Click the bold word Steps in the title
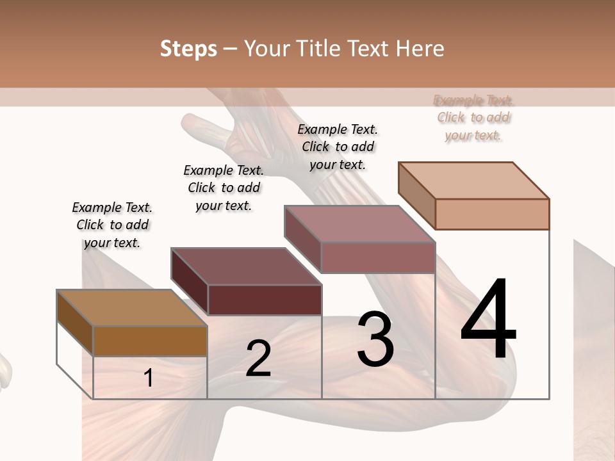pos(188,49)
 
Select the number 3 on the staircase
pos(375,339)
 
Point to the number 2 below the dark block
pos(258,359)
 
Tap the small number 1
pos(149,378)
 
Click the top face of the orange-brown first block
pos(132,307)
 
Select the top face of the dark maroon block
pos(246,266)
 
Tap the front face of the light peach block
pos(492,214)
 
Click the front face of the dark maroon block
pos(265,300)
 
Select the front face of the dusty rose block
pos(378,257)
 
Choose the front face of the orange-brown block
pos(150,341)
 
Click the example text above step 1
pos(112,225)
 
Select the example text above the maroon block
pos(224,188)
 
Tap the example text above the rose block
pos(338,147)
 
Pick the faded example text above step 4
pos(473,117)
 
